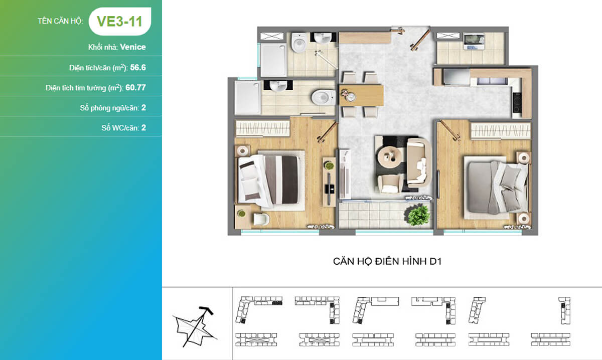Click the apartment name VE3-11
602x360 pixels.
(x=119, y=21)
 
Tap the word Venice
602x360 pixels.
(x=133, y=47)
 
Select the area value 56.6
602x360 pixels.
(x=138, y=67)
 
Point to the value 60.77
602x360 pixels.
(x=135, y=88)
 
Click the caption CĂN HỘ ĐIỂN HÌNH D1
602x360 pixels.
(x=387, y=261)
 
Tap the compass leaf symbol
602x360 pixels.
(x=195, y=326)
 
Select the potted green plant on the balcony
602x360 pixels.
(x=418, y=215)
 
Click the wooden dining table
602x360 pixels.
(x=361, y=95)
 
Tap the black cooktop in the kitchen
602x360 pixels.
(x=517, y=102)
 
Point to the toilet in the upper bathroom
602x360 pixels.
(x=299, y=42)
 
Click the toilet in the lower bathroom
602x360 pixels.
(x=323, y=97)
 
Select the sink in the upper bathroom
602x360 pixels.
(x=323, y=38)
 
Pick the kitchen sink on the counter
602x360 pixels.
(x=491, y=81)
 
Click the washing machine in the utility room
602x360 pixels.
(x=474, y=42)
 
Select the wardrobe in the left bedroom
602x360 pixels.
(x=262, y=128)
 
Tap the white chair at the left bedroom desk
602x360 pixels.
(x=261, y=219)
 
